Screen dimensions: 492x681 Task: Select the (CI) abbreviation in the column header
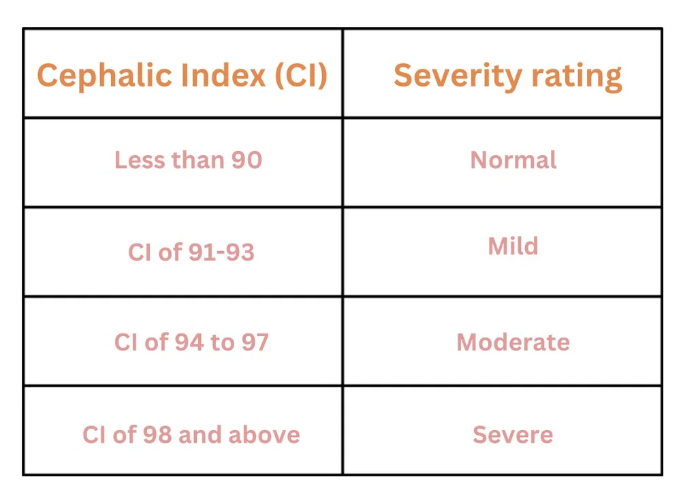click(x=300, y=76)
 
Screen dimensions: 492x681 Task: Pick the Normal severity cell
click(x=513, y=160)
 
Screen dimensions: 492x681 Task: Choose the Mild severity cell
click(x=513, y=246)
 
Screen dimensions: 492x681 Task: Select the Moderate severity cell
click(x=513, y=342)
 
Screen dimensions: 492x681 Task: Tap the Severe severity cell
click(x=513, y=434)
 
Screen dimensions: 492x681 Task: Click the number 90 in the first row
click(x=247, y=160)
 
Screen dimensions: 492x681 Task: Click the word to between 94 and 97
click(x=223, y=342)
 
